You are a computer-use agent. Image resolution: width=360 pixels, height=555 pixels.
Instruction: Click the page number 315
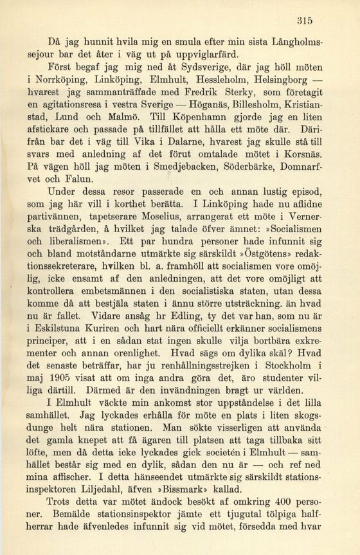pyautogui.click(x=332, y=21)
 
